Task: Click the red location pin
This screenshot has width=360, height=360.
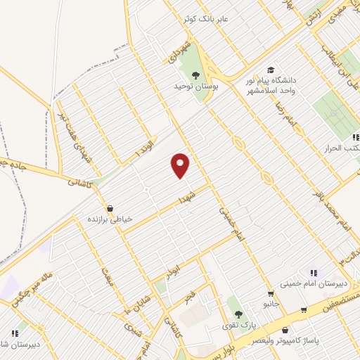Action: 181,165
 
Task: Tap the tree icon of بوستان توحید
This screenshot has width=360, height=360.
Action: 195,75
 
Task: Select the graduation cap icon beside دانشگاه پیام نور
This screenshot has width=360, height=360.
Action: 271,70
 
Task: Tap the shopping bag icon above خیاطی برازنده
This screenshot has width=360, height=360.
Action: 110,208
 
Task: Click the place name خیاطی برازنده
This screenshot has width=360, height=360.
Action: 109,219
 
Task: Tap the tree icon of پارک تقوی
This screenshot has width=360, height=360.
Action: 239,314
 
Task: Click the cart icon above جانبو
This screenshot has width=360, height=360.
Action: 270,294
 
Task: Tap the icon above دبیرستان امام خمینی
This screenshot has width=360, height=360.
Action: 314,272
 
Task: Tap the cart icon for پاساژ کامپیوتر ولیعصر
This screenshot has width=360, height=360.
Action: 303,309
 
